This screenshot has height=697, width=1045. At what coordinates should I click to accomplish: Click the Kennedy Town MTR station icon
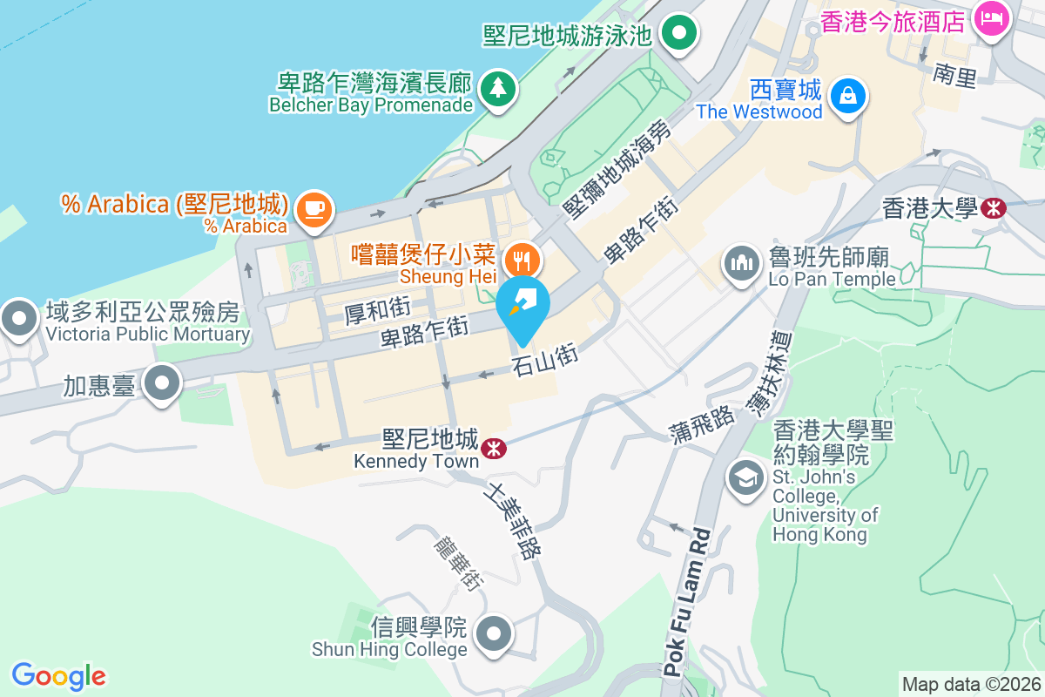(x=493, y=448)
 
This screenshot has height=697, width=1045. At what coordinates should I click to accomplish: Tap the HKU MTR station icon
(x=992, y=208)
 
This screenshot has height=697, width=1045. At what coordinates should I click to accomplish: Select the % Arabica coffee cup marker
(x=313, y=209)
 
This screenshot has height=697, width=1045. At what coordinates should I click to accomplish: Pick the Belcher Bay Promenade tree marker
(x=497, y=87)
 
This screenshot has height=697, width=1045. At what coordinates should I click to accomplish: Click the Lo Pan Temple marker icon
(x=741, y=263)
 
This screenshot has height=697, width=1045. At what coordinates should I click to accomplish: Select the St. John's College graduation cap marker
(x=745, y=477)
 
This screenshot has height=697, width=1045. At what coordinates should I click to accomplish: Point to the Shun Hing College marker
(x=495, y=634)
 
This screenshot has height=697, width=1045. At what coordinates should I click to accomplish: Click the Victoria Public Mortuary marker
(x=18, y=319)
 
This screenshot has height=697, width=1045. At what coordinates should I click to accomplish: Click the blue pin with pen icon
(x=522, y=307)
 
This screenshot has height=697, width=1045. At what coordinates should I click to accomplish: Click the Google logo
(x=58, y=676)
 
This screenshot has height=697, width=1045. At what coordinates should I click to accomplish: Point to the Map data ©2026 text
(x=970, y=684)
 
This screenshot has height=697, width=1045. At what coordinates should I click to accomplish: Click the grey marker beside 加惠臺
(x=162, y=384)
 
